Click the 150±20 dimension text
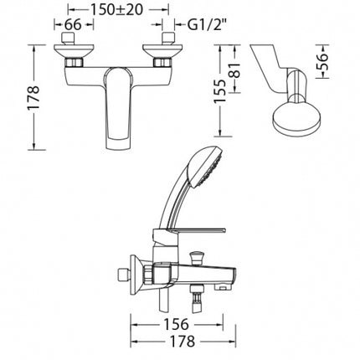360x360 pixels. (x=117, y=9)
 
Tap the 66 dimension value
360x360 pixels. (x=73, y=24)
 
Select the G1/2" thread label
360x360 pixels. (x=206, y=25)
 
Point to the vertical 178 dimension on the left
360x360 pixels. (x=33, y=98)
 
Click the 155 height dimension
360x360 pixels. (x=220, y=91)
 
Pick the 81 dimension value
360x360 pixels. (x=234, y=69)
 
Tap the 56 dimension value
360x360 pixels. (x=322, y=61)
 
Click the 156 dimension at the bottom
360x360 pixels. (x=176, y=324)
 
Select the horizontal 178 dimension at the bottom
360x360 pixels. (x=182, y=342)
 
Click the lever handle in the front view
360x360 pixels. (x=118, y=107)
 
